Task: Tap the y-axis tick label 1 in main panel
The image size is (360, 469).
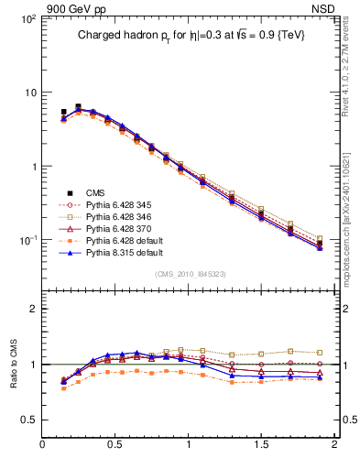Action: (x=31, y=167)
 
